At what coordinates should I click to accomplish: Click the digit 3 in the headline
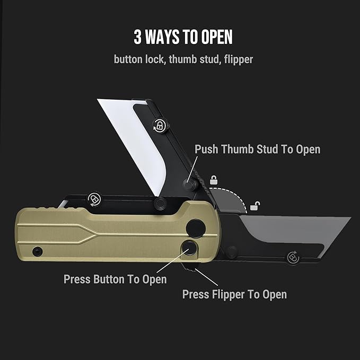pos(137,37)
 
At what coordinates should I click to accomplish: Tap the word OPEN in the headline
pos(217,37)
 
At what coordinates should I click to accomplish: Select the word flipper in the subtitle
pos(239,59)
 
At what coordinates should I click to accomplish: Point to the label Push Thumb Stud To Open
pos(257,149)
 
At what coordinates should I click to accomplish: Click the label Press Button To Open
pos(115,279)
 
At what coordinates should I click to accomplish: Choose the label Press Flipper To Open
pos(234,294)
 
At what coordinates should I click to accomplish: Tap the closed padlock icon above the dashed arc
pos(214,180)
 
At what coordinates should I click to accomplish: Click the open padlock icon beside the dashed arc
pos(255,206)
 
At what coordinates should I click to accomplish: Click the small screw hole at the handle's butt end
pos(37,252)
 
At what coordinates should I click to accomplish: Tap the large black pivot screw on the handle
pos(196,229)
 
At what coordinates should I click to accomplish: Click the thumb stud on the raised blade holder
pos(189,183)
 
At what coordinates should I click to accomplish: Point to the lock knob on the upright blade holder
pos(161,125)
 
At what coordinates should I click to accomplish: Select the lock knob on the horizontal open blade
pos(293,258)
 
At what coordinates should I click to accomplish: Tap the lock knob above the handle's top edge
pos(94,199)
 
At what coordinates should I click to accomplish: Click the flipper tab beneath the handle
pos(189,266)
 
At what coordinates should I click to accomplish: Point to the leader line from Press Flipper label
pos(207,277)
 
